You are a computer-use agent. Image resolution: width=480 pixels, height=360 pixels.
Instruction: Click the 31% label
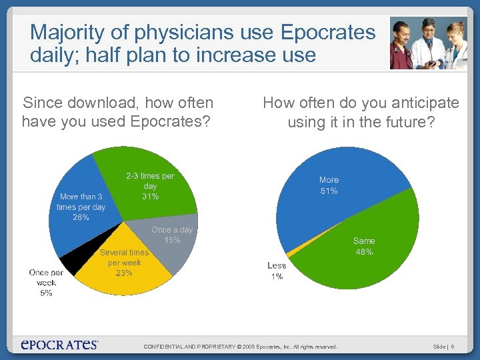click(x=150, y=197)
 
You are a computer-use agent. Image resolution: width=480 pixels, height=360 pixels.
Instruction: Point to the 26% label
click(x=81, y=217)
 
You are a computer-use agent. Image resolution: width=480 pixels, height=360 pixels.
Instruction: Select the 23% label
click(x=124, y=273)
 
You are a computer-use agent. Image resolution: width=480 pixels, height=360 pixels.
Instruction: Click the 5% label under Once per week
click(x=46, y=293)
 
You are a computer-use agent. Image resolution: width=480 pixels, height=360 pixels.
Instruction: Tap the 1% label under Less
click(x=277, y=276)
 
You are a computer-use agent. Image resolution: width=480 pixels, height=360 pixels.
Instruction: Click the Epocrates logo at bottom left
click(x=59, y=344)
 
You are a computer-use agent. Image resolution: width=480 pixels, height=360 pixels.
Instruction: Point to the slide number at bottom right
click(x=443, y=347)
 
